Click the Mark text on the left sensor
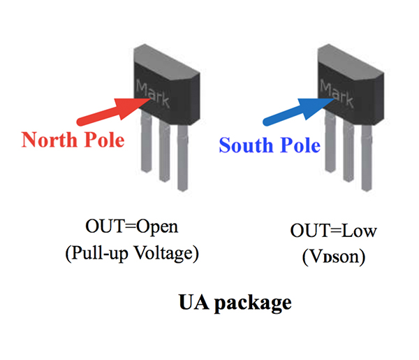[152, 93]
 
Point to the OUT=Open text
[131, 227]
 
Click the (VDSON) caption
[328, 257]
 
